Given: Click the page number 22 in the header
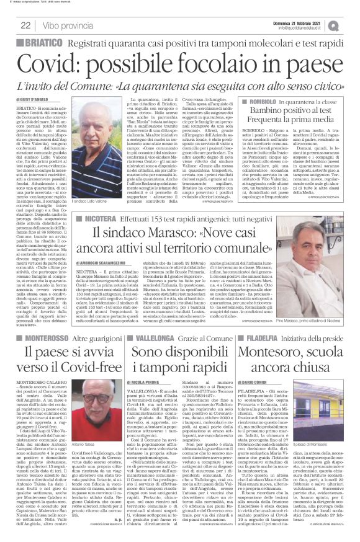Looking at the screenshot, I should click(x=26, y=25).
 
